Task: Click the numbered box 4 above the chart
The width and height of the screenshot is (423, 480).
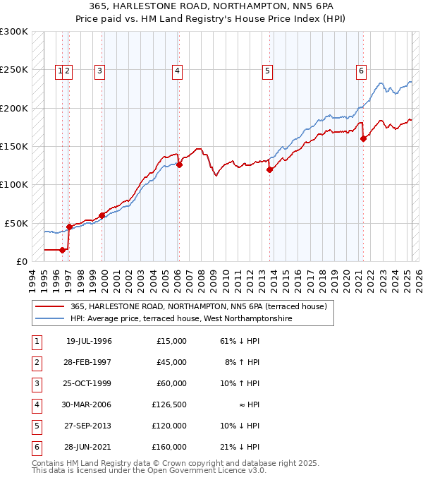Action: [x=178, y=70]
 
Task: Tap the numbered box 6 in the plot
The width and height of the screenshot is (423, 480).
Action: [x=360, y=70]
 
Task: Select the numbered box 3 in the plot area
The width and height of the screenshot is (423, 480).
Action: [x=100, y=70]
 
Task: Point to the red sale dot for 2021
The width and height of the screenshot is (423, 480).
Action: [x=364, y=138]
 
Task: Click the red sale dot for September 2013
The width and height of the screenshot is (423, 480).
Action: [x=269, y=169]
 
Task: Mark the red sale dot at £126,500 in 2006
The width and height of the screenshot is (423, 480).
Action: [x=179, y=164]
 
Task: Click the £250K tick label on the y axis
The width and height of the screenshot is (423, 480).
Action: [x=14, y=70]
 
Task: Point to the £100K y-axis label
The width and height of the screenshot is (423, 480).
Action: [x=14, y=184]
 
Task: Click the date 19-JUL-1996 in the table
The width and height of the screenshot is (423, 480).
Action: [x=89, y=341]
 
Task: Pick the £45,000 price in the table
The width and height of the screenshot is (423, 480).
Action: [x=172, y=362]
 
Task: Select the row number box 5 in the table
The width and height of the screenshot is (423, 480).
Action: [x=36, y=426]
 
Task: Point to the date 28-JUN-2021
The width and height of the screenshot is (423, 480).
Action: [x=89, y=447]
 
